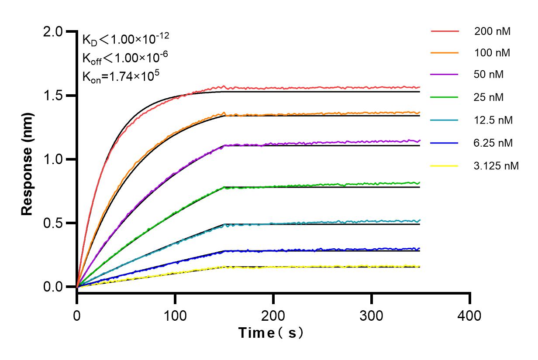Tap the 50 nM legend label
[489, 75]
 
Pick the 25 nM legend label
[489, 97]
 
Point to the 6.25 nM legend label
[493, 143]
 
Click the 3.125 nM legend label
[497, 166]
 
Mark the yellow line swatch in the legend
[445, 166]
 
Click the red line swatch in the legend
[445, 31]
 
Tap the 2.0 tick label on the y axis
[54, 31]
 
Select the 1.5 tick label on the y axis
[54, 96]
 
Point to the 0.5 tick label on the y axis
[54, 223]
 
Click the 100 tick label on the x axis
[175, 315]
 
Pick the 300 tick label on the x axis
[372, 315]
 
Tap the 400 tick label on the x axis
[470, 315]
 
